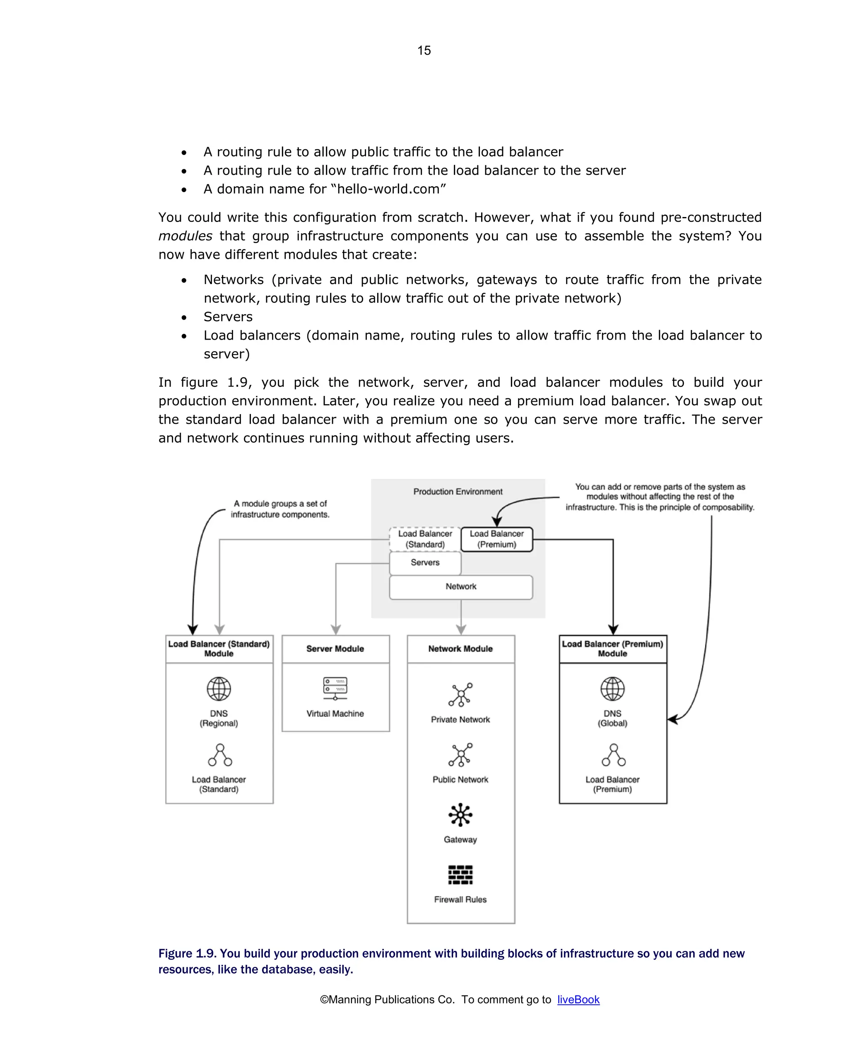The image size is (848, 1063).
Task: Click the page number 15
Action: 424,50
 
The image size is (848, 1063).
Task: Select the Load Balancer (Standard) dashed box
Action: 424,539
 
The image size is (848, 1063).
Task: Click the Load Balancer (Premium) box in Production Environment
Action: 496,539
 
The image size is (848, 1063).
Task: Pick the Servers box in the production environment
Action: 424,563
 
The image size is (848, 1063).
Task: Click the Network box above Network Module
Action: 460,587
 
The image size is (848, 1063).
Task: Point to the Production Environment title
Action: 458,492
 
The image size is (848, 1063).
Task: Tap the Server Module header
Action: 335,649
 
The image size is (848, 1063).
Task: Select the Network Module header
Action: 460,649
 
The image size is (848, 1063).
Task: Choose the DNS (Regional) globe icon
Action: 219,689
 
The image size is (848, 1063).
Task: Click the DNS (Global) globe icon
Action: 612,689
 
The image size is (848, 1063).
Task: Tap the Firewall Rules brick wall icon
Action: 460,875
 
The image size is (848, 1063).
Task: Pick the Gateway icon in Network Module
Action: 460,815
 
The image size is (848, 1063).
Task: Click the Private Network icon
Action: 460,695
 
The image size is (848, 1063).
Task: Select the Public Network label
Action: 460,779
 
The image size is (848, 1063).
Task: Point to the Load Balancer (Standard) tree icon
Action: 220,755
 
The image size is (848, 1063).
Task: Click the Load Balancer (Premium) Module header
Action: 612,649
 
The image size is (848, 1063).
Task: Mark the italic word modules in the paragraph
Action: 185,236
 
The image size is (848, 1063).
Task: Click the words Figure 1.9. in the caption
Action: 187,954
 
